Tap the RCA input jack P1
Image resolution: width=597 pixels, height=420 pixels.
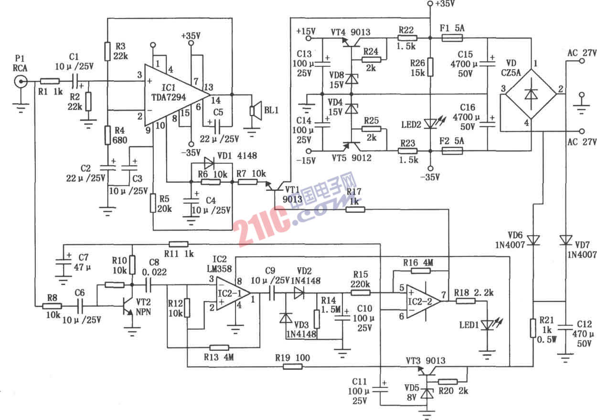tap(21, 82)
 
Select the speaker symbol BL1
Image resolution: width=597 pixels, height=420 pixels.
tap(256, 110)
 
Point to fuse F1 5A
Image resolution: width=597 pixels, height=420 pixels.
tap(453, 38)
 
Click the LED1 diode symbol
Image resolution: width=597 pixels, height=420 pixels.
tap(487, 325)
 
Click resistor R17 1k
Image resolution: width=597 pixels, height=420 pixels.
tap(354, 209)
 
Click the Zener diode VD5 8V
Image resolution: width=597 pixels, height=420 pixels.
tap(425, 394)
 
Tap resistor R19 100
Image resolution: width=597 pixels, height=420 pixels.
tap(292, 367)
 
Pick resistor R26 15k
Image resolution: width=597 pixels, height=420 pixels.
tap(430, 67)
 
